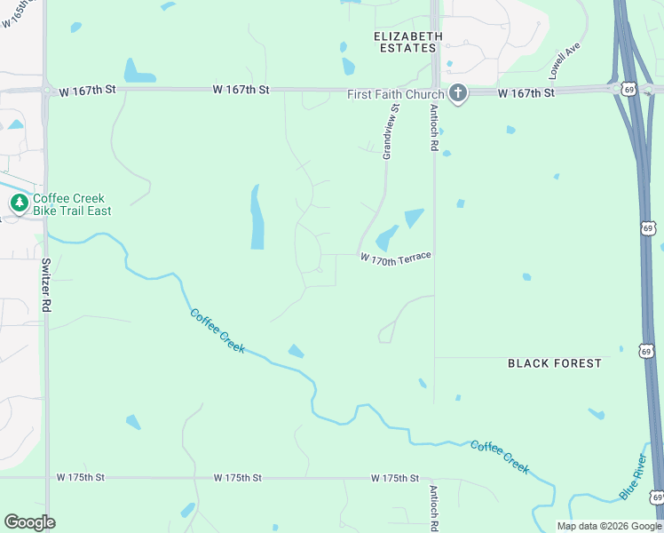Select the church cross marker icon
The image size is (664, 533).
458,93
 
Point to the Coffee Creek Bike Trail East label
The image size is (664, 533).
73,204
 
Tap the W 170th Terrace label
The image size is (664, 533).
396,257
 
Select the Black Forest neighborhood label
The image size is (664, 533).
554,363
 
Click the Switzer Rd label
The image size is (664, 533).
45,285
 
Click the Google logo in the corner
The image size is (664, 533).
29,521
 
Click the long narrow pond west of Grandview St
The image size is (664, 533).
257,218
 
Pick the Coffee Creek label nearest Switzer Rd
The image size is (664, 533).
217,330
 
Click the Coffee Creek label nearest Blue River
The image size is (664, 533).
500,457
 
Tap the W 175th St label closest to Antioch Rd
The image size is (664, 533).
394,478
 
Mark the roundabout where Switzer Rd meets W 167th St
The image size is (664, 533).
45,90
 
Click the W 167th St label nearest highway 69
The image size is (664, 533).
526,92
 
